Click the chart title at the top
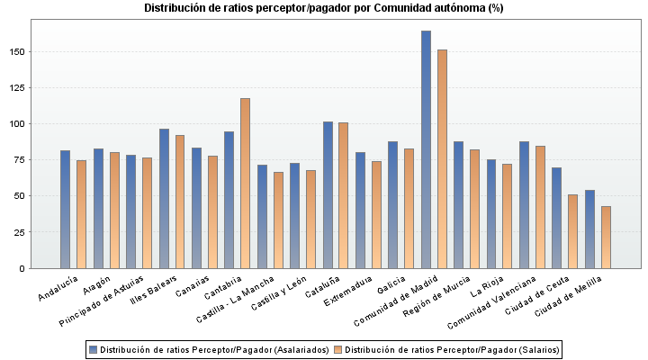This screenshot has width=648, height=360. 324,8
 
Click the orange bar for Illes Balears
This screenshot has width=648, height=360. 180,202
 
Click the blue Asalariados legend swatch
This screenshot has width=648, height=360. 93,349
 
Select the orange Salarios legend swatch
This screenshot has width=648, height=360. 337,349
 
